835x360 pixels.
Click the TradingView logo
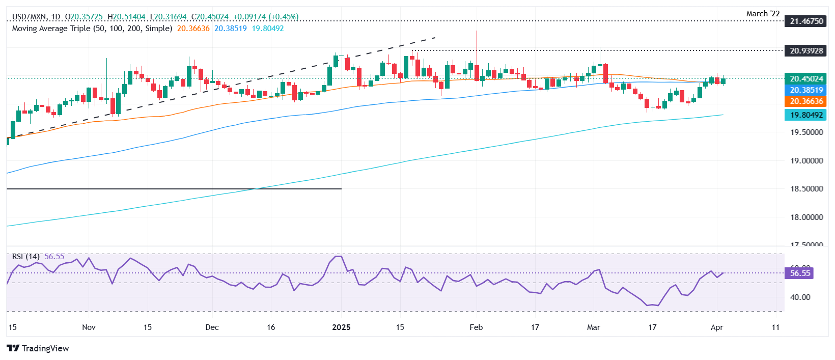pyautogui.click(x=38, y=348)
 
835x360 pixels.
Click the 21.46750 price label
pyautogui.click(x=806, y=21)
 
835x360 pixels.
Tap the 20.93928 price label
pyautogui.click(x=806, y=50)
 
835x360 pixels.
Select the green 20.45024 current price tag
pyautogui.click(x=806, y=79)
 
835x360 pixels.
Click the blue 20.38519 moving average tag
pyautogui.click(x=806, y=90)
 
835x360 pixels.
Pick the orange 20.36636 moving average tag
pyautogui.click(x=806, y=101)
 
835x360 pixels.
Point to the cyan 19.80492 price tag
pyautogui.click(x=806, y=115)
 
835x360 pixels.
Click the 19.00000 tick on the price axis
pyautogui.click(x=806, y=160)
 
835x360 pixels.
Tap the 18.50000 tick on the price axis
pyautogui.click(x=806, y=188)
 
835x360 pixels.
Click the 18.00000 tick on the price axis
pyautogui.click(x=806, y=217)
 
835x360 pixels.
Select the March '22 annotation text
pyautogui.click(x=763, y=14)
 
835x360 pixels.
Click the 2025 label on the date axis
pyautogui.click(x=341, y=327)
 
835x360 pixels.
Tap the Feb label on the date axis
pyautogui.click(x=476, y=327)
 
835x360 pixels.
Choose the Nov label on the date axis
pyautogui.click(x=89, y=327)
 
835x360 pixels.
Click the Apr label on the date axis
pyautogui.click(x=716, y=327)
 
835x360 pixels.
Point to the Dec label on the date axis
pyautogui.click(x=212, y=327)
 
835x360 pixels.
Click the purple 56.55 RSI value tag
pyautogui.click(x=800, y=273)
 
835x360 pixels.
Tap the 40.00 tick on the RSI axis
pyautogui.click(x=800, y=297)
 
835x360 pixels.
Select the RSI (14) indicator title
pyautogui.click(x=25, y=257)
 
